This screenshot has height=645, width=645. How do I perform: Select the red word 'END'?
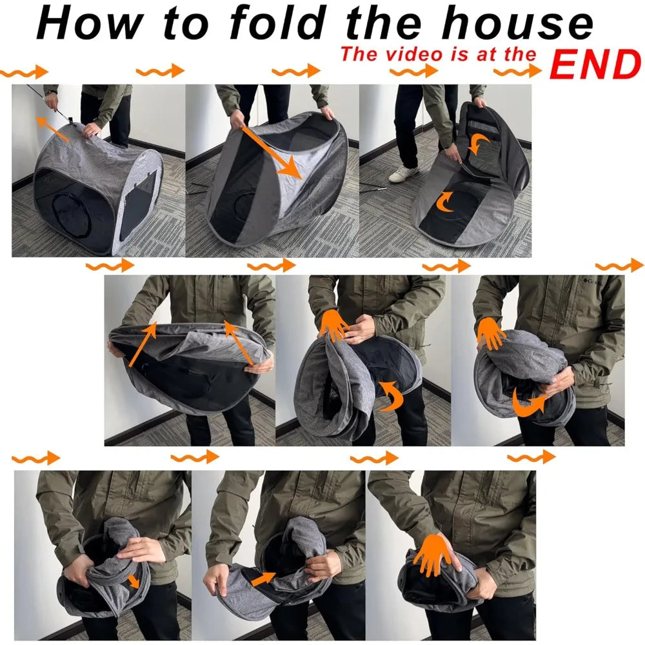tap(595, 64)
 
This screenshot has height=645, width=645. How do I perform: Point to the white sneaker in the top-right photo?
tap(404, 174)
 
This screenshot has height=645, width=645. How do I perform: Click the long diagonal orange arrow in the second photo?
tap(272, 152)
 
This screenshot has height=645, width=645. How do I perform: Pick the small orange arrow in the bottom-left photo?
tap(134, 582)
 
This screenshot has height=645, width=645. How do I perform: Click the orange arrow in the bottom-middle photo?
tap(263, 579)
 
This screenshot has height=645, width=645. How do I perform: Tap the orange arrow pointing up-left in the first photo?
tap(52, 128)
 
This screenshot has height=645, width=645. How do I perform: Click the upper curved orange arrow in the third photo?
tap(479, 144)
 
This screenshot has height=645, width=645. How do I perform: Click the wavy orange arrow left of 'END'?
tap(517, 72)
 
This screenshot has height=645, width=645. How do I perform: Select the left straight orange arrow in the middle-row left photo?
tap(143, 344)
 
